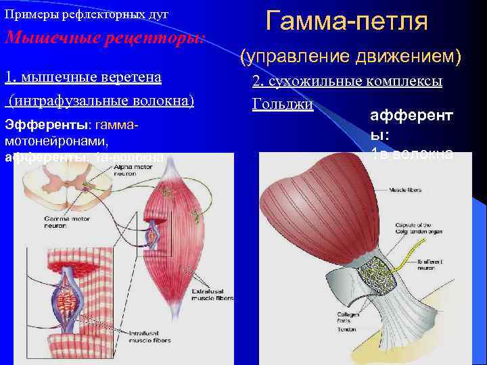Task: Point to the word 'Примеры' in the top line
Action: coord(27,14)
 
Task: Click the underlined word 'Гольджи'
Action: coord(283,105)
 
